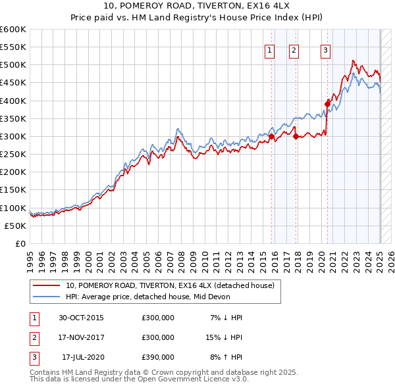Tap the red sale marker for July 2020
click(327, 103)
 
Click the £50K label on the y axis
click(16, 226)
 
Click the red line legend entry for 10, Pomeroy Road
click(174, 285)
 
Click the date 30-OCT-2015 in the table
click(81, 318)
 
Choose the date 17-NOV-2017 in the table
click(81, 337)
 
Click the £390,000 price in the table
click(158, 357)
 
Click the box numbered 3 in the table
click(34, 357)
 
